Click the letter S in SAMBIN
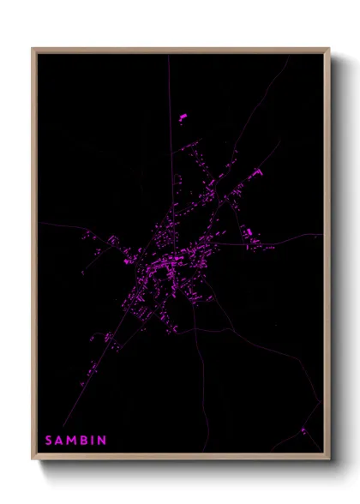(x=49, y=441)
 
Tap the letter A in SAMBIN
(x=60, y=441)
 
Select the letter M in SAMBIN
(x=73, y=441)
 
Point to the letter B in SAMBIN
(x=85, y=441)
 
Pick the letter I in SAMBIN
(x=93, y=441)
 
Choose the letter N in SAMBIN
(x=102, y=441)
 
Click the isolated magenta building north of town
(x=182, y=117)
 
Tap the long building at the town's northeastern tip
(x=255, y=175)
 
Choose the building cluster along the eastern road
(x=249, y=233)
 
